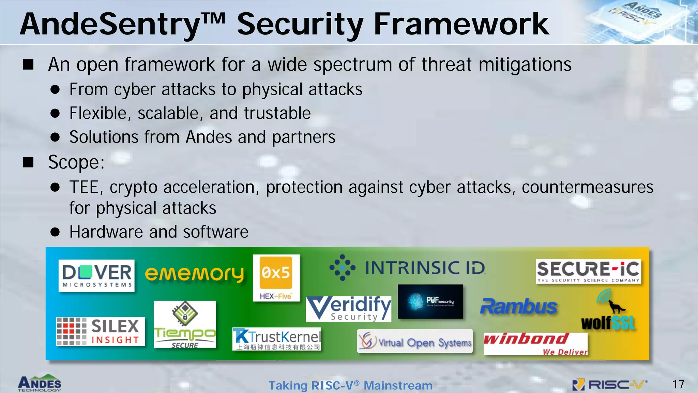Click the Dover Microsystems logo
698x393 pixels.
click(x=96, y=275)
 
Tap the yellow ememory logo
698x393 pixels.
click(x=194, y=274)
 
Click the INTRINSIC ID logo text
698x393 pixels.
click(x=425, y=268)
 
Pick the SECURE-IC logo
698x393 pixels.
click(x=588, y=272)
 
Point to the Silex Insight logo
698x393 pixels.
click(x=100, y=331)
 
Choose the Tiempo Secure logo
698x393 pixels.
click(x=185, y=324)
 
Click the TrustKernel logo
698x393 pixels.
click(x=277, y=339)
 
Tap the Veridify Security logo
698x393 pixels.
click(x=348, y=308)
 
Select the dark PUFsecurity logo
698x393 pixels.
click(x=430, y=301)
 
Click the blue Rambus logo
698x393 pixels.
click(x=518, y=306)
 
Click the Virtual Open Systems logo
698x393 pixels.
click(x=415, y=341)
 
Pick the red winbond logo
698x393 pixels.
click(x=535, y=343)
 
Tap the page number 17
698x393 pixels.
click(x=678, y=384)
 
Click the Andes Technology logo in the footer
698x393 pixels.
click(x=40, y=383)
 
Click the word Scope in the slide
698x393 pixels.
click(x=75, y=162)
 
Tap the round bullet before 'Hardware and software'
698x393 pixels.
click(x=55, y=232)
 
